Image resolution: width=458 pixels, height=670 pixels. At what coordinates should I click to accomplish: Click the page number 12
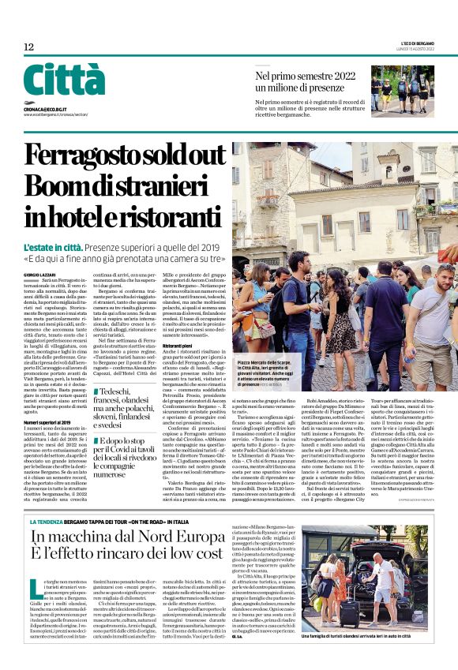tap(28, 47)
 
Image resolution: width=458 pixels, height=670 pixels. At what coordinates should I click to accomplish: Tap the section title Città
tap(64, 80)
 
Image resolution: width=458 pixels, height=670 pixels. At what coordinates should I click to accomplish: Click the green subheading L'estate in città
tap(54, 247)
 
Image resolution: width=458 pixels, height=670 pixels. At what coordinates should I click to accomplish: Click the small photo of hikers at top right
tap(402, 91)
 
